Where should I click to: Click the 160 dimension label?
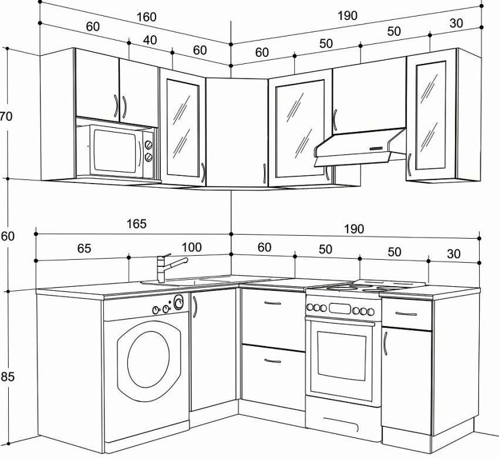(x=146, y=17)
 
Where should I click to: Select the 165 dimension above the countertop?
(x=137, y=224)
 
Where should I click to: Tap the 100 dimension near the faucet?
(x=191, y=247)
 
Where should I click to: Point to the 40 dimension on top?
(x=150, y=40)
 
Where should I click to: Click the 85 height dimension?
(x=7, y=376)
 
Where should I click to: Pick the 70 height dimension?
(x=6, y=116)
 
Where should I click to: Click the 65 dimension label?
(x=85, y=248)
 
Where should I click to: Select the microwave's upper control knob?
(x=149, y=145)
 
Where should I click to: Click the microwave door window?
(x=115, y=151)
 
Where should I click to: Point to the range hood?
(x=360, y=147)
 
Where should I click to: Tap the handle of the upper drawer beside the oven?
(x=273, y=303)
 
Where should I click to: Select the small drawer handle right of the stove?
(x=406, y=314)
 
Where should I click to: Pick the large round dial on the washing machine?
(x=178, y=302)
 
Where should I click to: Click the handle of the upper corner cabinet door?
(x=264, y=174)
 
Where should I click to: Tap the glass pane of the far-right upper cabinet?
(x=430, y=116)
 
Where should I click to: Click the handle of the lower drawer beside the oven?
(x=273, y=361)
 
